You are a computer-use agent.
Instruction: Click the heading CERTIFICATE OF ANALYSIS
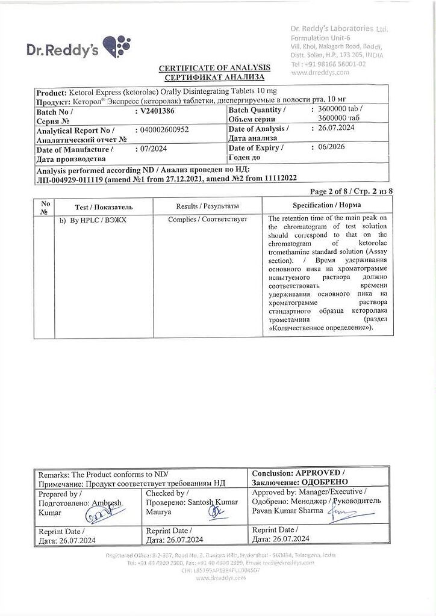(214, 68)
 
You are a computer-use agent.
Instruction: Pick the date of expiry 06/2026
(334, 147)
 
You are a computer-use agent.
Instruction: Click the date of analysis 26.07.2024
(337, 128)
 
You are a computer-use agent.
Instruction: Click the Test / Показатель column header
(104, 207)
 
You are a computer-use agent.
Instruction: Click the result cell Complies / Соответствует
(208, 220)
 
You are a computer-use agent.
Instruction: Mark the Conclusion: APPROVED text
(298, 473)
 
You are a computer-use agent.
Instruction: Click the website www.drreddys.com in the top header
(320, 72)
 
